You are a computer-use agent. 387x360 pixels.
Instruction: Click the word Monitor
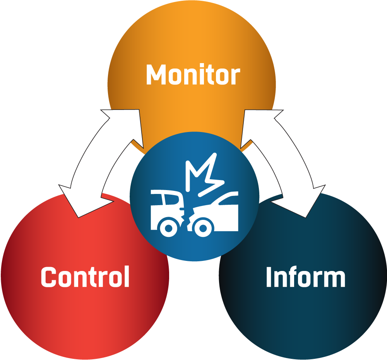[x=193, y=74]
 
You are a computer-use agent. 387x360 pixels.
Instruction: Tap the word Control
[x=85, y=276]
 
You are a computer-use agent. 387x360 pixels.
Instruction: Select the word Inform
[x=306, y=276]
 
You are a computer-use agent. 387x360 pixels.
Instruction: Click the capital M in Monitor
[x=156, y=75]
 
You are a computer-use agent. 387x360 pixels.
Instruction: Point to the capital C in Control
[x=49, y=277]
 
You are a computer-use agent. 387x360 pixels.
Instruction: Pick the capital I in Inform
[x=269, y=277]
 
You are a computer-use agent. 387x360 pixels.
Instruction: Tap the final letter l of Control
[x=127, y=276]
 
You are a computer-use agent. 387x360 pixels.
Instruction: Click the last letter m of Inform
[x=335, y=279]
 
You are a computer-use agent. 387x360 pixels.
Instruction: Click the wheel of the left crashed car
[x=169, y=228]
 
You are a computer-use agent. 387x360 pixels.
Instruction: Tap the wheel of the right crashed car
[x=203, y=228]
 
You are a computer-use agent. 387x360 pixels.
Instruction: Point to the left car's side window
[x=171, y=199]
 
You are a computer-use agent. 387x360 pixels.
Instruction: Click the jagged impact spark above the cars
[x=205, y=174]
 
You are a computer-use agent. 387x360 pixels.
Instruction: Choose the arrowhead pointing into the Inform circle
[x=301, y=203]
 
